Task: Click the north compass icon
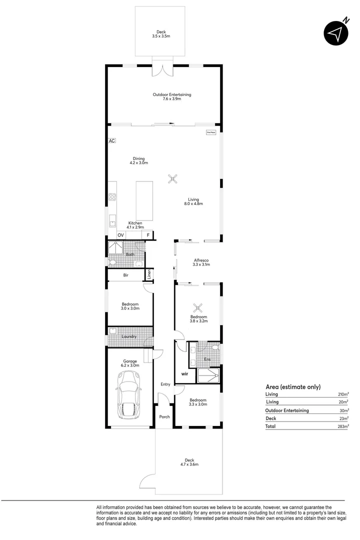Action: click(335, 33)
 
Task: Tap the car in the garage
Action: click(128, 395)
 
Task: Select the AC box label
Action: click(111, 141)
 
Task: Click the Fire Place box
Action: click(211, 132)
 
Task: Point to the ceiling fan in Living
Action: click(172, 179)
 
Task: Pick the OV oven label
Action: click(120, 235)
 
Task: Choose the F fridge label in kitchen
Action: click(148, 235)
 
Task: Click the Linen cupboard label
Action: click(149, 274)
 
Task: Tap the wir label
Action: click(184, 373)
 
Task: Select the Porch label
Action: click(164, 416)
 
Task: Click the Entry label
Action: click(165, 384)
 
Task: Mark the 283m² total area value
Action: click(342, 426)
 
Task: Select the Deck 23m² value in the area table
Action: click(344, 418)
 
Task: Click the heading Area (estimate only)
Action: click(292, 386)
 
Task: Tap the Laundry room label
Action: click(129, 336)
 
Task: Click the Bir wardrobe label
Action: click(126, 275)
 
